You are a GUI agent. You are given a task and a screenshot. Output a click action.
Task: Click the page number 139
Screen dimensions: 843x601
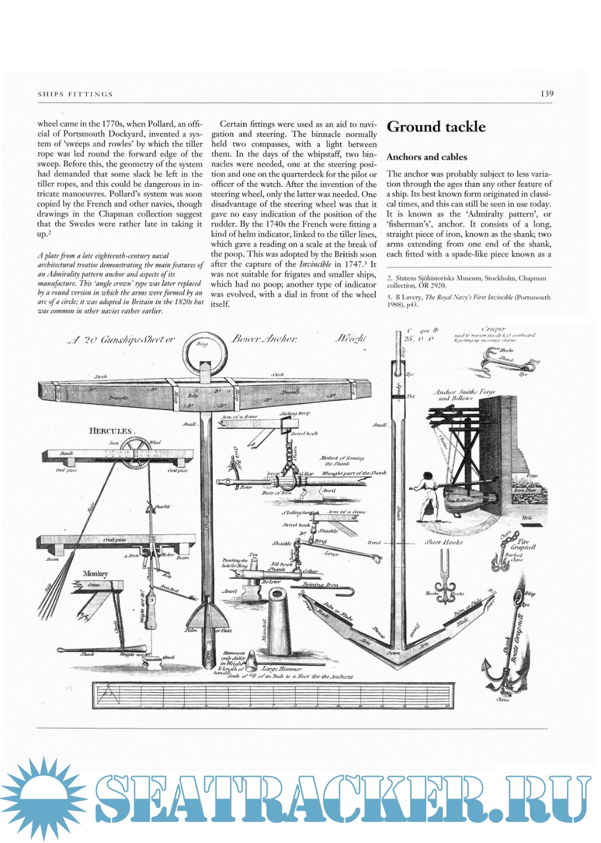[546, 93]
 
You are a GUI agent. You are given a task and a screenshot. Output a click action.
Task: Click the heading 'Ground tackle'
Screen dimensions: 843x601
[436, 127]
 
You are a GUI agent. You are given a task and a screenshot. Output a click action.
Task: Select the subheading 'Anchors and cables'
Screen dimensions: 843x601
[426, 157]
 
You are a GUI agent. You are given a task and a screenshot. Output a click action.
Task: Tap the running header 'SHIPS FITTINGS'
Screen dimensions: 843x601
[75, 94]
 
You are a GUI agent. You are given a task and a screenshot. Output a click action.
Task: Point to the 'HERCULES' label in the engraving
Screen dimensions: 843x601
[111, 431]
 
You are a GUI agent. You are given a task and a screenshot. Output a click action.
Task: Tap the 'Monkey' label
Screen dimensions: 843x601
[95, 574]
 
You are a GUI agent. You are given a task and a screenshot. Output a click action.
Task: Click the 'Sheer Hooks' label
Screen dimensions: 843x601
[444, 541]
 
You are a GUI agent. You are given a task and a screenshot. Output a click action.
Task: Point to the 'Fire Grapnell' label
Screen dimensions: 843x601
[523, 544]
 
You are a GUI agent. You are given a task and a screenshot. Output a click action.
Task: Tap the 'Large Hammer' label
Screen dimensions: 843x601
[282, 668]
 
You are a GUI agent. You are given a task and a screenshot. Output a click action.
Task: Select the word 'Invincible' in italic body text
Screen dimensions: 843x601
[316, 264]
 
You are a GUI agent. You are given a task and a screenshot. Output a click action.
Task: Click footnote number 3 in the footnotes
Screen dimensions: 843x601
[390, 297]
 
